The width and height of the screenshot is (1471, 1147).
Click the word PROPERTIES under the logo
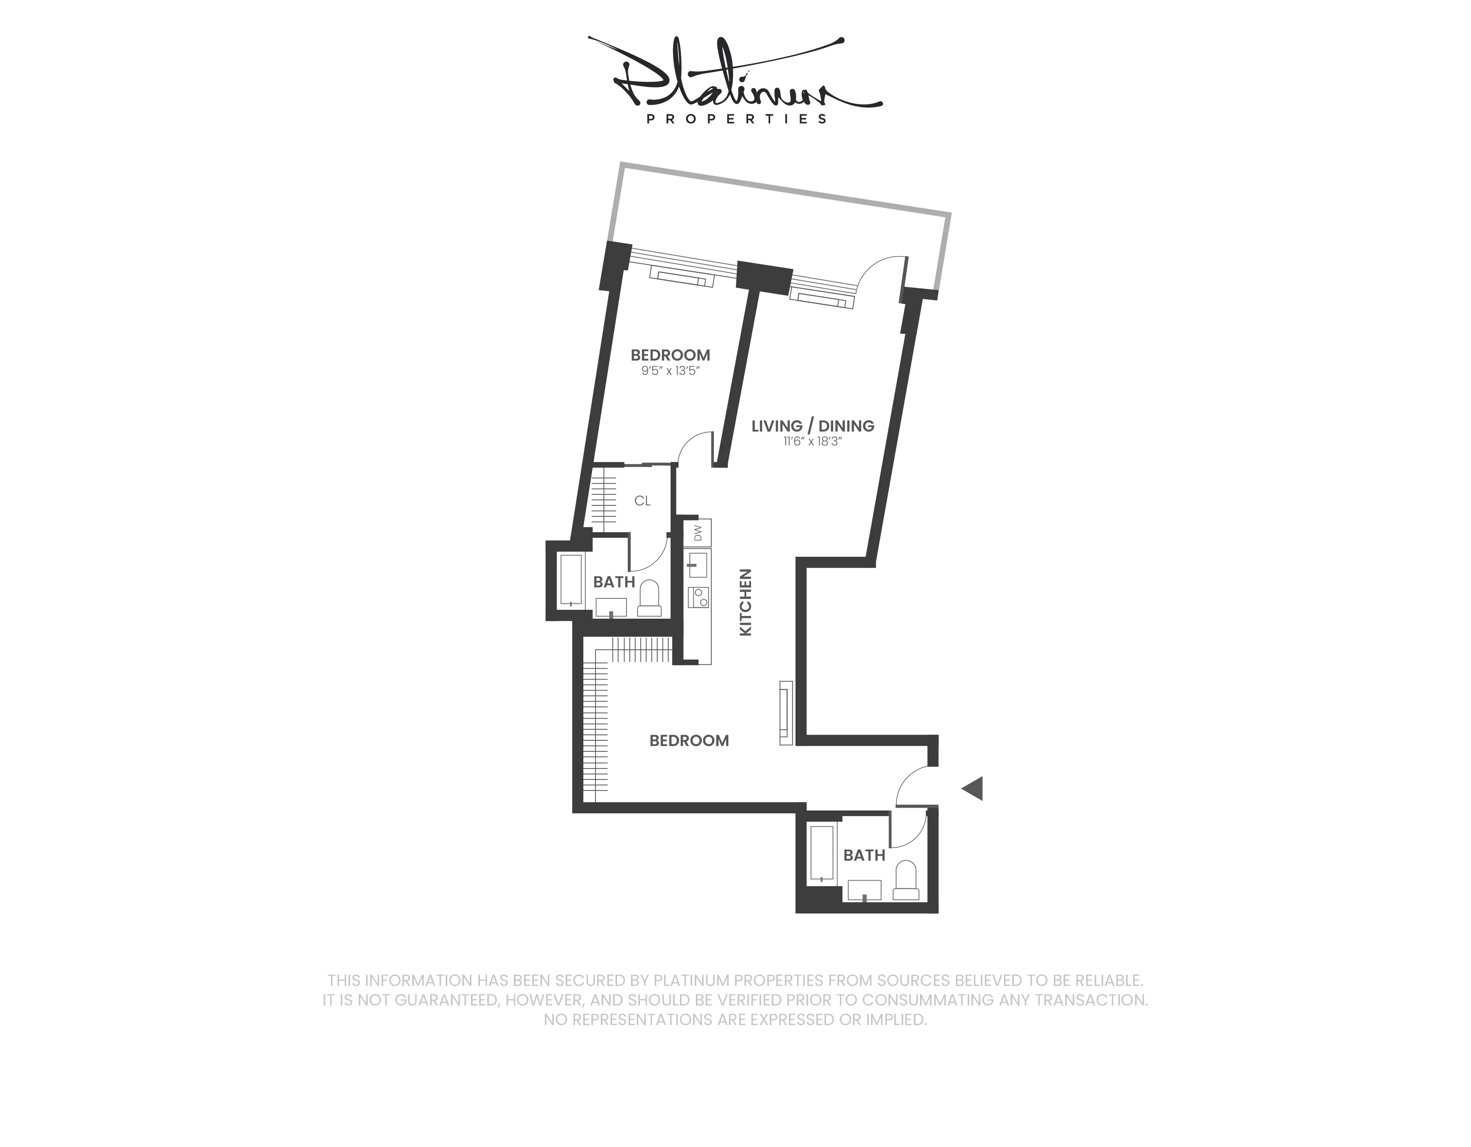[x=736, y=119]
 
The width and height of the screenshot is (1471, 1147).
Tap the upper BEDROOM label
[x=670, y=355]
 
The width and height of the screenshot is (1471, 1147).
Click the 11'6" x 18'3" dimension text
[x=812, y=442]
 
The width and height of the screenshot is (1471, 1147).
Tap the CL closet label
[x=642, y=501]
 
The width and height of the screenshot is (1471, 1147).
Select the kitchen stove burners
[x=698, y=596]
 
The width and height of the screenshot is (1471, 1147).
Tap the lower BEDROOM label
[x=689, y=740]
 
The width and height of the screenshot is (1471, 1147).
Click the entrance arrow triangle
[x=973, y=788]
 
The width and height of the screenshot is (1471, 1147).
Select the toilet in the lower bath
[x=906, y=881]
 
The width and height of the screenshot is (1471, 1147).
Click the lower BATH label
[x=864, y=855]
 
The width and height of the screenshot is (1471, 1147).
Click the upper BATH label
[x=613, y=582]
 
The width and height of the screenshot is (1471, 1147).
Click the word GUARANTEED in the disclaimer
[x=447, y=1000]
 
